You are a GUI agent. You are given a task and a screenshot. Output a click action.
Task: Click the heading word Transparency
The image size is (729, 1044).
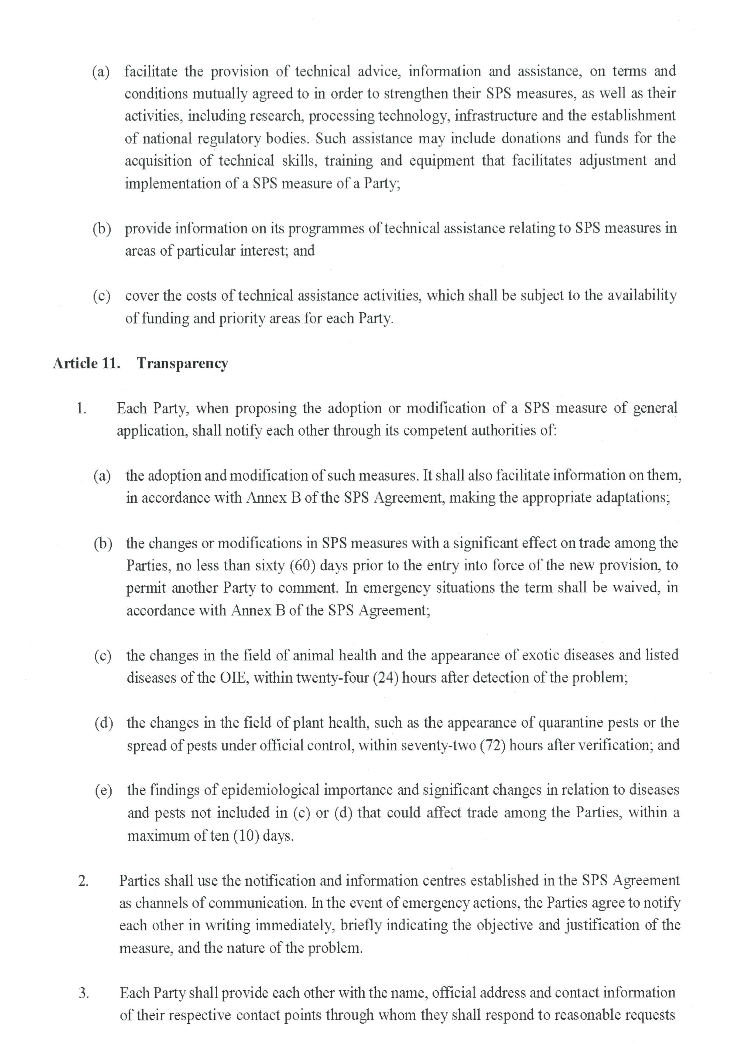click(x=182, y=364)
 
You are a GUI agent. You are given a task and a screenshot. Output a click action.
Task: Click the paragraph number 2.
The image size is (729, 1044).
click(x=83, y=881)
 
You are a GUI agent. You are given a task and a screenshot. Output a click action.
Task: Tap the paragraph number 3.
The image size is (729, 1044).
click(x=84, y=993)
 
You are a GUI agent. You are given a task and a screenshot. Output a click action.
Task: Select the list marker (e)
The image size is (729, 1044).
click(x=104, y=791)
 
